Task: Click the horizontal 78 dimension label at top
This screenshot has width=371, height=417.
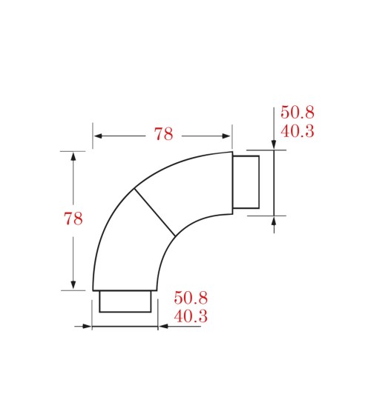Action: coord(163,134)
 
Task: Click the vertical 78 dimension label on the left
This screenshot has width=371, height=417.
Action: coord(73,218)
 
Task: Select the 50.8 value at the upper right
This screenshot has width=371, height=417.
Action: coord(297,113)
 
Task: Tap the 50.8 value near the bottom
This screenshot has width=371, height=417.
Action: coord(190,298)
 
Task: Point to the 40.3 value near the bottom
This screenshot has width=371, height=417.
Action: coord(190,316)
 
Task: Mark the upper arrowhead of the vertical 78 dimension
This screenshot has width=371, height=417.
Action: coord(73,157)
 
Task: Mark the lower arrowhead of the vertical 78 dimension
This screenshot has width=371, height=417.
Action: coord(73,284)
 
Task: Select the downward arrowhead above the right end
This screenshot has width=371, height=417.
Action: coord(274,144)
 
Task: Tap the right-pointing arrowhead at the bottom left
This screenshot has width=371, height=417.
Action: coord(87,326)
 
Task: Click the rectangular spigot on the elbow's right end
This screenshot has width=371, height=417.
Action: coord(246,182)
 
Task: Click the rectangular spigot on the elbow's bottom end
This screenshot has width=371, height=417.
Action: coord(125,301)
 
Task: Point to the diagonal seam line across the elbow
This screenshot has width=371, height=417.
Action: coord(154,213)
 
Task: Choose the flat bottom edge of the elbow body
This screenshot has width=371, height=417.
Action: coord(125,290)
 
